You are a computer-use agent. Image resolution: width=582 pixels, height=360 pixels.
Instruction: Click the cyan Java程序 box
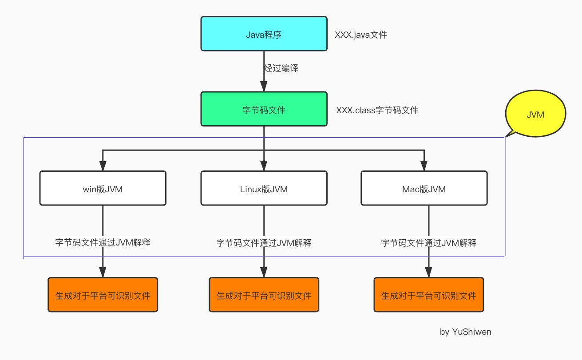(x=264, y=34)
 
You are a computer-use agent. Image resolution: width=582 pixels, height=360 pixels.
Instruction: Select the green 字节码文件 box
(x=264, y=109)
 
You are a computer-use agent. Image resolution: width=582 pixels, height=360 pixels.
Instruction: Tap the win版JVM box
(x=103, y=189)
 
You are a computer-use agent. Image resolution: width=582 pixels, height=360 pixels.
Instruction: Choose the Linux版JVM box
(x=264, y=189)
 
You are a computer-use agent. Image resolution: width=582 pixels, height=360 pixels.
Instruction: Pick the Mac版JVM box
(x=424, y=189)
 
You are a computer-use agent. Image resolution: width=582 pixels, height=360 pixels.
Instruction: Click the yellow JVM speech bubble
(x=535, y=114)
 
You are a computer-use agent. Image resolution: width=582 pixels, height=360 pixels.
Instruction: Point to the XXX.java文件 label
(x=361, y=35)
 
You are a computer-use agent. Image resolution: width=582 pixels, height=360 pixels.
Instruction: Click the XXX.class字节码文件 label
(x=377, y=110)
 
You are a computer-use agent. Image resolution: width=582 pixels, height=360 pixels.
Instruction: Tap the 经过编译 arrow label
(x=281, y=68)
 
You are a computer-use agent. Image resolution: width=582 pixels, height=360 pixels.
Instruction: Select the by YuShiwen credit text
(x=465, y=332)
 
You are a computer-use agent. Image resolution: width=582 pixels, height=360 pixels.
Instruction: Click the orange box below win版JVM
(x=103, y=295)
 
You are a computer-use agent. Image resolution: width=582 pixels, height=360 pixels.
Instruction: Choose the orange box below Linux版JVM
(x=264, y=295)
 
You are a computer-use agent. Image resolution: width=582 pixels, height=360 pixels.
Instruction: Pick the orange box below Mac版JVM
(x=428, y=295)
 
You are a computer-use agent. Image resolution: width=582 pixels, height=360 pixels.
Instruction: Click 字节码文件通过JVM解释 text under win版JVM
(x=103, y=242)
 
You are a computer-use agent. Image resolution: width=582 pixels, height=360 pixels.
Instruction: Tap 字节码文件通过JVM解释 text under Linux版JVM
(x=264, y=243)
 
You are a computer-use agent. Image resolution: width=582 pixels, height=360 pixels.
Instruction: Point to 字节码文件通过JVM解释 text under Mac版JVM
(x=428, y=243)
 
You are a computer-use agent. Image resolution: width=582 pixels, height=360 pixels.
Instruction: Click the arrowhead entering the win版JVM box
(x=103, y=166)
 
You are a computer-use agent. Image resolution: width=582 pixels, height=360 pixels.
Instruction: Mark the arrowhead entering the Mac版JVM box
(x=424, y=166)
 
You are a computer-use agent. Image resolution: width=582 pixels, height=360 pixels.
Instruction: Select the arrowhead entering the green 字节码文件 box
(x=264, y=87)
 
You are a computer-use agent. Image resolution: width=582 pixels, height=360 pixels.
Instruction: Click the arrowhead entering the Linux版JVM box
(x=264, y=166)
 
